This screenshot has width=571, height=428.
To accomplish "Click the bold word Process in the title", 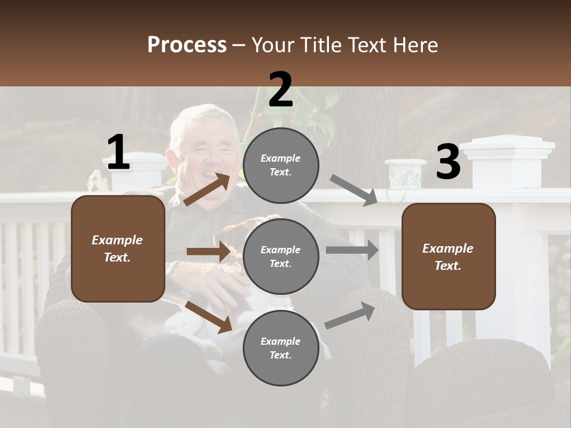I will point(187,45).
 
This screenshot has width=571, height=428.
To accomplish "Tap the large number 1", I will point(118,152).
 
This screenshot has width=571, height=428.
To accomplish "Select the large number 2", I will point(281,90).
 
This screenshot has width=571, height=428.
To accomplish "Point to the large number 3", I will point(448,162).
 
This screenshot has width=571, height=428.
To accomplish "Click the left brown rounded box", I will point(118,248).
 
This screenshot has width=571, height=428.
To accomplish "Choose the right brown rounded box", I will point(448,257).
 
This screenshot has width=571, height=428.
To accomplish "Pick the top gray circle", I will point(281,165).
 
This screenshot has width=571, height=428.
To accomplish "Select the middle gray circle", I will point(281,256).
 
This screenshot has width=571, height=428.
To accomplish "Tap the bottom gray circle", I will point(281,348).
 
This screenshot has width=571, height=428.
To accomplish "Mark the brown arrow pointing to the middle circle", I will point(208,251).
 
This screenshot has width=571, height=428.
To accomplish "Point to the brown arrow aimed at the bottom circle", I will point(209,316).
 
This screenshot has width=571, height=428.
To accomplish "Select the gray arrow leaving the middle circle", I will point(352,250).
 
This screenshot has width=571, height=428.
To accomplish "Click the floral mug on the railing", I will point(404,175).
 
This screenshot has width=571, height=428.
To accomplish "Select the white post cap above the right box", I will point(508,146).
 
